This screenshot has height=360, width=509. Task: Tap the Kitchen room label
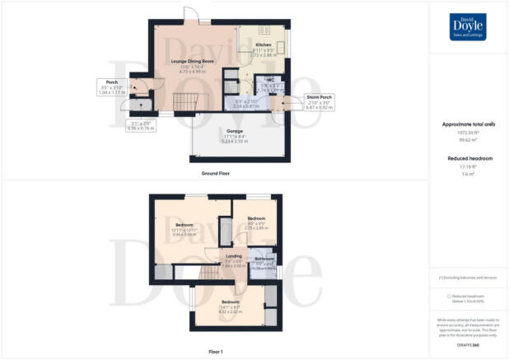click(x=264, y=44)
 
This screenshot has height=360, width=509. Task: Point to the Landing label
click(x=234, y=259)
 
